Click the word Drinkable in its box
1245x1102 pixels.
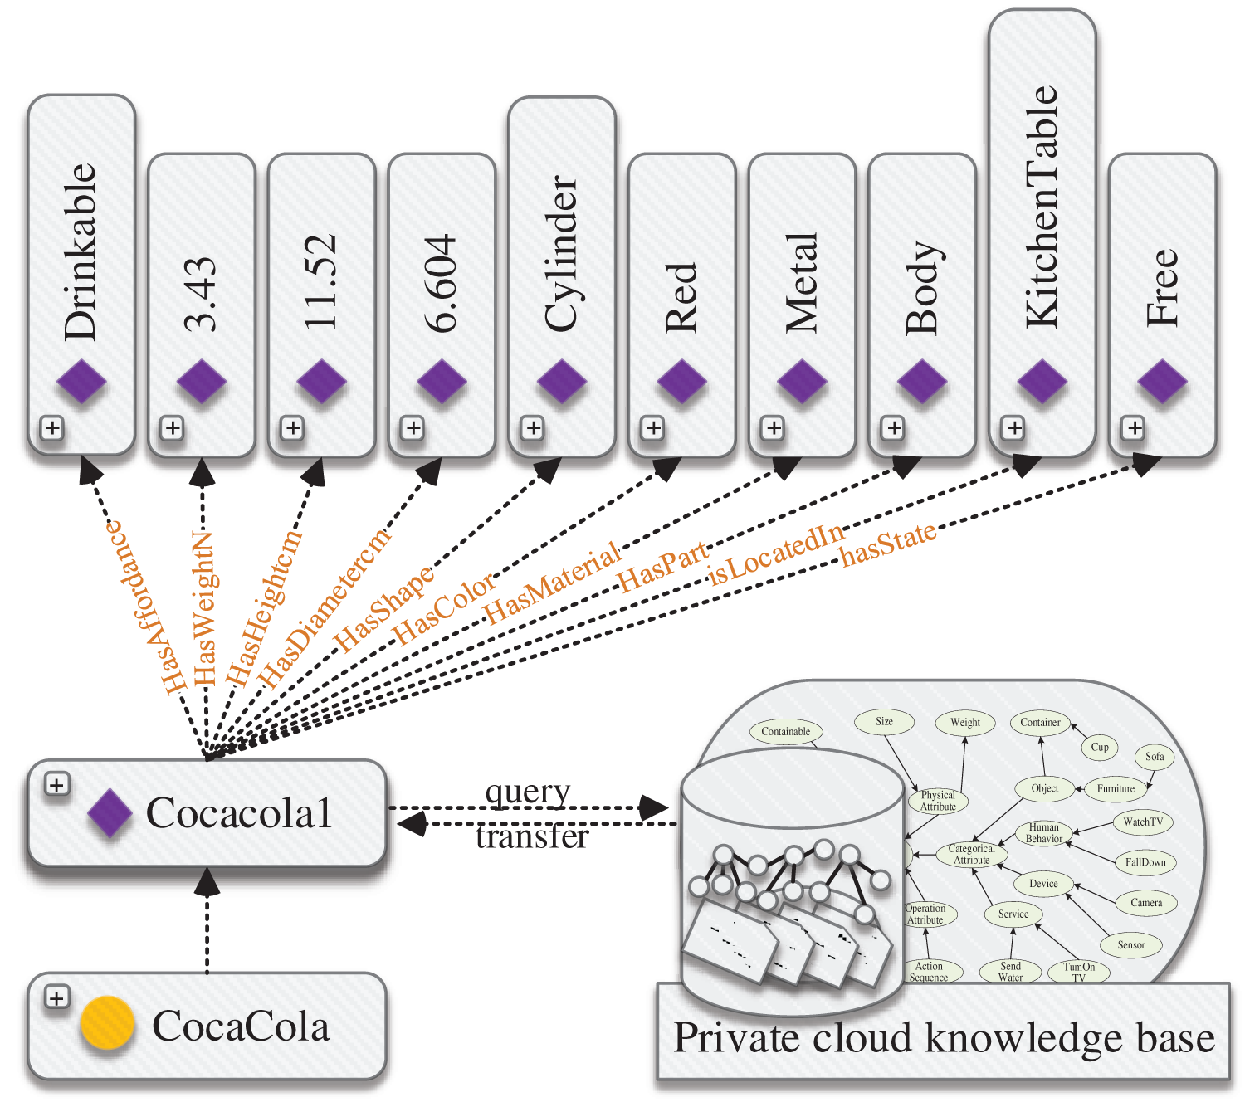pyautogui.click(x=81, y=251)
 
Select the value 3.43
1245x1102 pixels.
pyautogui.click(x=201, y=295)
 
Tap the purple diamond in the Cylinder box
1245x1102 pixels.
pyautogui.click(x=562, y=382)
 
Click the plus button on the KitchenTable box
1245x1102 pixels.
pyautogui.click(x=1013, y=428)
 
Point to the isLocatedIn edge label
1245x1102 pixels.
pyautogui.click(x=776, y=553)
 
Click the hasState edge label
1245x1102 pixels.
pyautogui.click(x=888, y=544)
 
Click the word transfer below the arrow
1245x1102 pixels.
pyautogui.click(x=532, y=836)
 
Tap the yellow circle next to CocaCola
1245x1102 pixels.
pyautogui.click(x=108, y=1023)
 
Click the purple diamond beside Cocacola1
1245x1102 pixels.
pyautogui.click(x=110, y=812)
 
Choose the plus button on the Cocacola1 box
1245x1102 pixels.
pyautogui.click(x=56, y=784)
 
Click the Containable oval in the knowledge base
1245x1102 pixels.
pyautogui.click(x=785, y=731)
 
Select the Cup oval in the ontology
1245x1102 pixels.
pyautogui.click(x=1100, y=747)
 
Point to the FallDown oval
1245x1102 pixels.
pyautogui.click(x=1145, y=862)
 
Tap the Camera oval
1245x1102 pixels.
pyautogui.click(x=1146, y=903)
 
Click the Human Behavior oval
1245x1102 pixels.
pyautogui.click(x=1044, y=833)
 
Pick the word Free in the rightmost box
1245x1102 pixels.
pyautogui.click(x=1162, y=287)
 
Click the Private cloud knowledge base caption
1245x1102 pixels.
pyautogui.click(x=944, y=1038)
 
